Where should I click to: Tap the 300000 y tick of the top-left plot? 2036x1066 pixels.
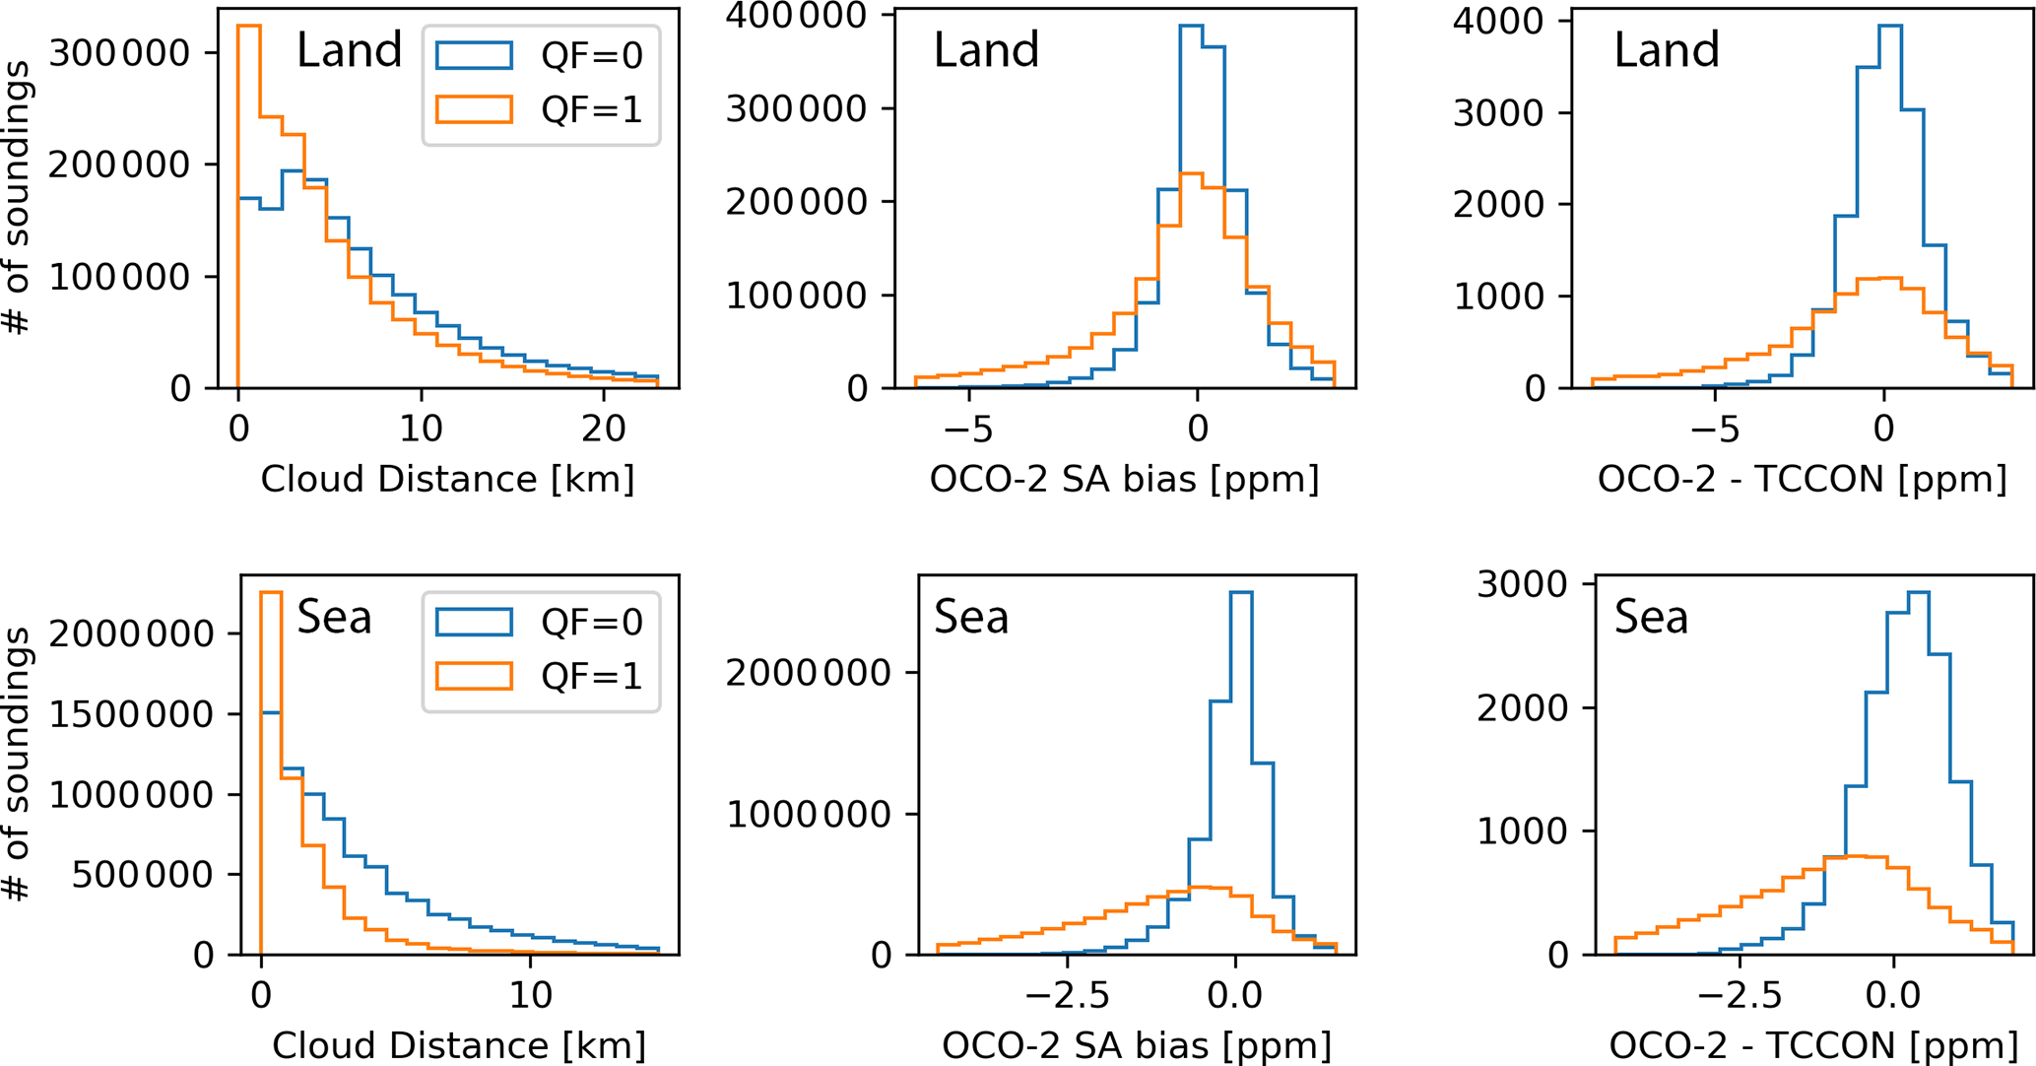point(119,53)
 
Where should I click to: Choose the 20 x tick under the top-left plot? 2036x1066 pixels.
point(604,428)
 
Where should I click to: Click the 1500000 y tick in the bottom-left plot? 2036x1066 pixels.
point(131,714)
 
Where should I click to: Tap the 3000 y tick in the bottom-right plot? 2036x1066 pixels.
point(1522,585)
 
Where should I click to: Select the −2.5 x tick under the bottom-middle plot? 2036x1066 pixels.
point(1068,994)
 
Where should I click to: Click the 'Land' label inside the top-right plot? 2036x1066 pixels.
point(1667,49)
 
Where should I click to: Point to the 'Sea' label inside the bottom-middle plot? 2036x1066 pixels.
point(971,617)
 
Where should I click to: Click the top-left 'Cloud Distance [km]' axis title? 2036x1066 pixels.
point(447,480)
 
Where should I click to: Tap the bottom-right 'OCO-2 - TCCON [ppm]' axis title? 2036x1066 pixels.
point(1813,1046)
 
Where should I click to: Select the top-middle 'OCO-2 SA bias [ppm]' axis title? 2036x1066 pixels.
point(1124,480)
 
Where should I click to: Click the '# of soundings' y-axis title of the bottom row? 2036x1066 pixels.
point(17,765)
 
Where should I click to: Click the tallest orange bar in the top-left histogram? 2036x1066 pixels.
point(249,197)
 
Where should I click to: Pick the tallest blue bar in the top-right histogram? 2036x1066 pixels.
point(1890,197)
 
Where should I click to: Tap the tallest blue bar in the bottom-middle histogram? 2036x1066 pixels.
point(1241,768)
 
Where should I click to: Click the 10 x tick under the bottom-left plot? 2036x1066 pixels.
point(531,994)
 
